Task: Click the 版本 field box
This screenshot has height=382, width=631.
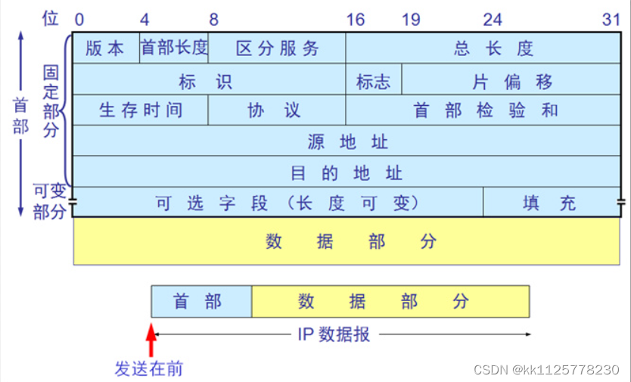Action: pos(106,48)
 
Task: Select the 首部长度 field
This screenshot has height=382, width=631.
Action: pos(174,48)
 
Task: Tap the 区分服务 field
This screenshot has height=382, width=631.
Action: pos(277,48)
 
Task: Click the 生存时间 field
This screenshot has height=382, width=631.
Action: pos(141,110)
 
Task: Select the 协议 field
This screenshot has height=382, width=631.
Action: pos(277,110)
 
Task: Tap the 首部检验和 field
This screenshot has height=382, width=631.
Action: pos(485,110)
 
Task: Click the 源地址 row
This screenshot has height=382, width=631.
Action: pos(347,141)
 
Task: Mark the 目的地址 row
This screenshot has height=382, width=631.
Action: pos(347,172)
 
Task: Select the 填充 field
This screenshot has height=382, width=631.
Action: pos(550,202)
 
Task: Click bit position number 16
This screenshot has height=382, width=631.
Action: pos(356,19)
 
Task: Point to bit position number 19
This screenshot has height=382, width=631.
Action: pos(411,19)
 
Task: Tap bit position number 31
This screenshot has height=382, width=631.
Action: pos(611,19)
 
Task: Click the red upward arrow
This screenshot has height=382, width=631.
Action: pos(151,338)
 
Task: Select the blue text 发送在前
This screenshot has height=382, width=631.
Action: pos(149,369)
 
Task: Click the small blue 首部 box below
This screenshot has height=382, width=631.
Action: pos(201,302)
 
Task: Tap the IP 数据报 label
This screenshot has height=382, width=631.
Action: pos(334,334)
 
